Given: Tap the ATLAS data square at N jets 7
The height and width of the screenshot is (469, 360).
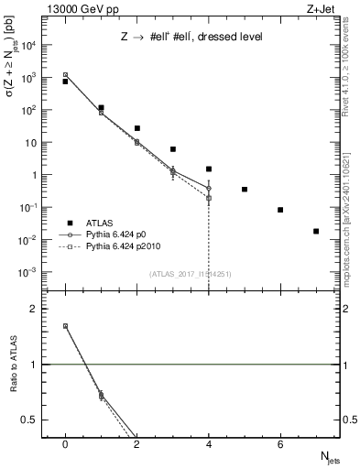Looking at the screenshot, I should coord(316,231).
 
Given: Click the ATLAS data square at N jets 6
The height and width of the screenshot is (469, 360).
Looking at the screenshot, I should coord(280,210).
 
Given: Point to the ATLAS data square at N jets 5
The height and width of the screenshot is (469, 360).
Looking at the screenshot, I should coord(245,190).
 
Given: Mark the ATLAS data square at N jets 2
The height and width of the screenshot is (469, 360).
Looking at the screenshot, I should coord(136,128).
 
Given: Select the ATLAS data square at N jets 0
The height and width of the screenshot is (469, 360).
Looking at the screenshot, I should coord(65,82).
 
